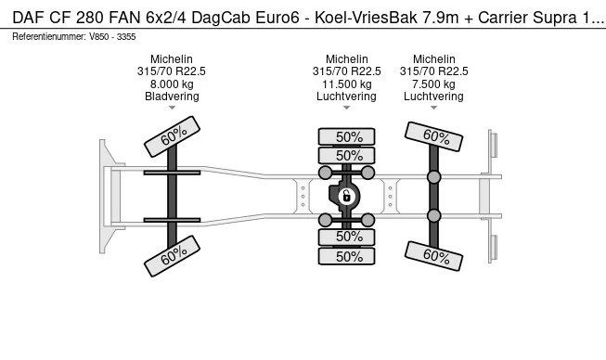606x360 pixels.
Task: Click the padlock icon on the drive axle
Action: (x=346, y=196)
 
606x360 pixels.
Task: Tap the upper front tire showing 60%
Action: (x=173, y=137)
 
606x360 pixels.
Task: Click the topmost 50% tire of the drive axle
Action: (x=347, y=136)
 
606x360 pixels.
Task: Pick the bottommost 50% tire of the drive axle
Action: (x=347, y=256)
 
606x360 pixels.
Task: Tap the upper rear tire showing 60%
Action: (x=434, y=137)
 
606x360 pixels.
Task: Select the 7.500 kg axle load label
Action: (x=433, y=84)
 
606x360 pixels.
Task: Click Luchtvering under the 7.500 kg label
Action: (x=433, y=96)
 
